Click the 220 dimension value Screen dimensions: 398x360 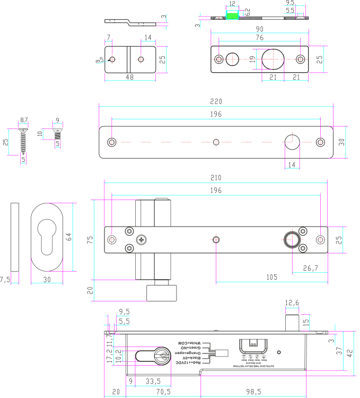[216, 101]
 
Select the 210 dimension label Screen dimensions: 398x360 [216, 178]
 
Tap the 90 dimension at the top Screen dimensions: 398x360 [259, 29]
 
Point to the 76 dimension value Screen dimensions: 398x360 [259, 38]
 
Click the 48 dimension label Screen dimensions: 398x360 [129, 77]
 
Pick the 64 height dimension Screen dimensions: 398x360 [68, 237]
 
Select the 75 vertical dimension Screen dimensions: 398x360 [90, 239]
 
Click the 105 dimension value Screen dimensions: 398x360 [271, 278]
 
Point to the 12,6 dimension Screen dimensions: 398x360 [292, 303]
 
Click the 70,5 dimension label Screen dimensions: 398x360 [163, 392]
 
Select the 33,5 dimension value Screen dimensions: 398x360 [153, 381]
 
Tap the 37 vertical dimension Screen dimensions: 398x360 [339, 350]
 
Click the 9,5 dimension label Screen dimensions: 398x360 [124, 312]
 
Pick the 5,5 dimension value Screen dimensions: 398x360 [124, 322]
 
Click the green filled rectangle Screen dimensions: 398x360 [232, 16]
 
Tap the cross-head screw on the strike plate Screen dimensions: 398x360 [141, 240]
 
